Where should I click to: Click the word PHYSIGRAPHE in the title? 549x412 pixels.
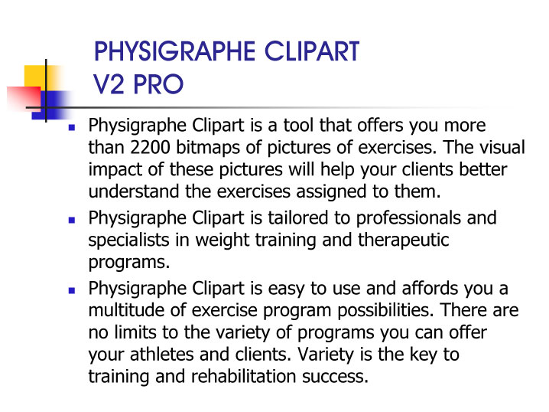point(175,51)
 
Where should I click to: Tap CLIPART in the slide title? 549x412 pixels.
point(312,51)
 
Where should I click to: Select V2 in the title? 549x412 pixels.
point(109,84)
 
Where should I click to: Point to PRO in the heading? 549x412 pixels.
point(158,84)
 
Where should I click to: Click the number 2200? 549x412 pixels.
point(150,148)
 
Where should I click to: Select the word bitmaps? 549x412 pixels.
point(208,149)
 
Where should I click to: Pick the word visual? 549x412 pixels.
point(502,147)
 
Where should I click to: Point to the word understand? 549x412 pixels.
point(134,191)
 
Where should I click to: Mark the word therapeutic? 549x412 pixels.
point(404,241)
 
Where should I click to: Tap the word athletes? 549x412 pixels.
point(162,355)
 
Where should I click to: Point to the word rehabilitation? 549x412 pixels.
point(244,376)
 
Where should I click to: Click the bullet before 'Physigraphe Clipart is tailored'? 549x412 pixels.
point(72,221)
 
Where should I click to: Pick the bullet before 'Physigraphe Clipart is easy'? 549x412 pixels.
point(72,291)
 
